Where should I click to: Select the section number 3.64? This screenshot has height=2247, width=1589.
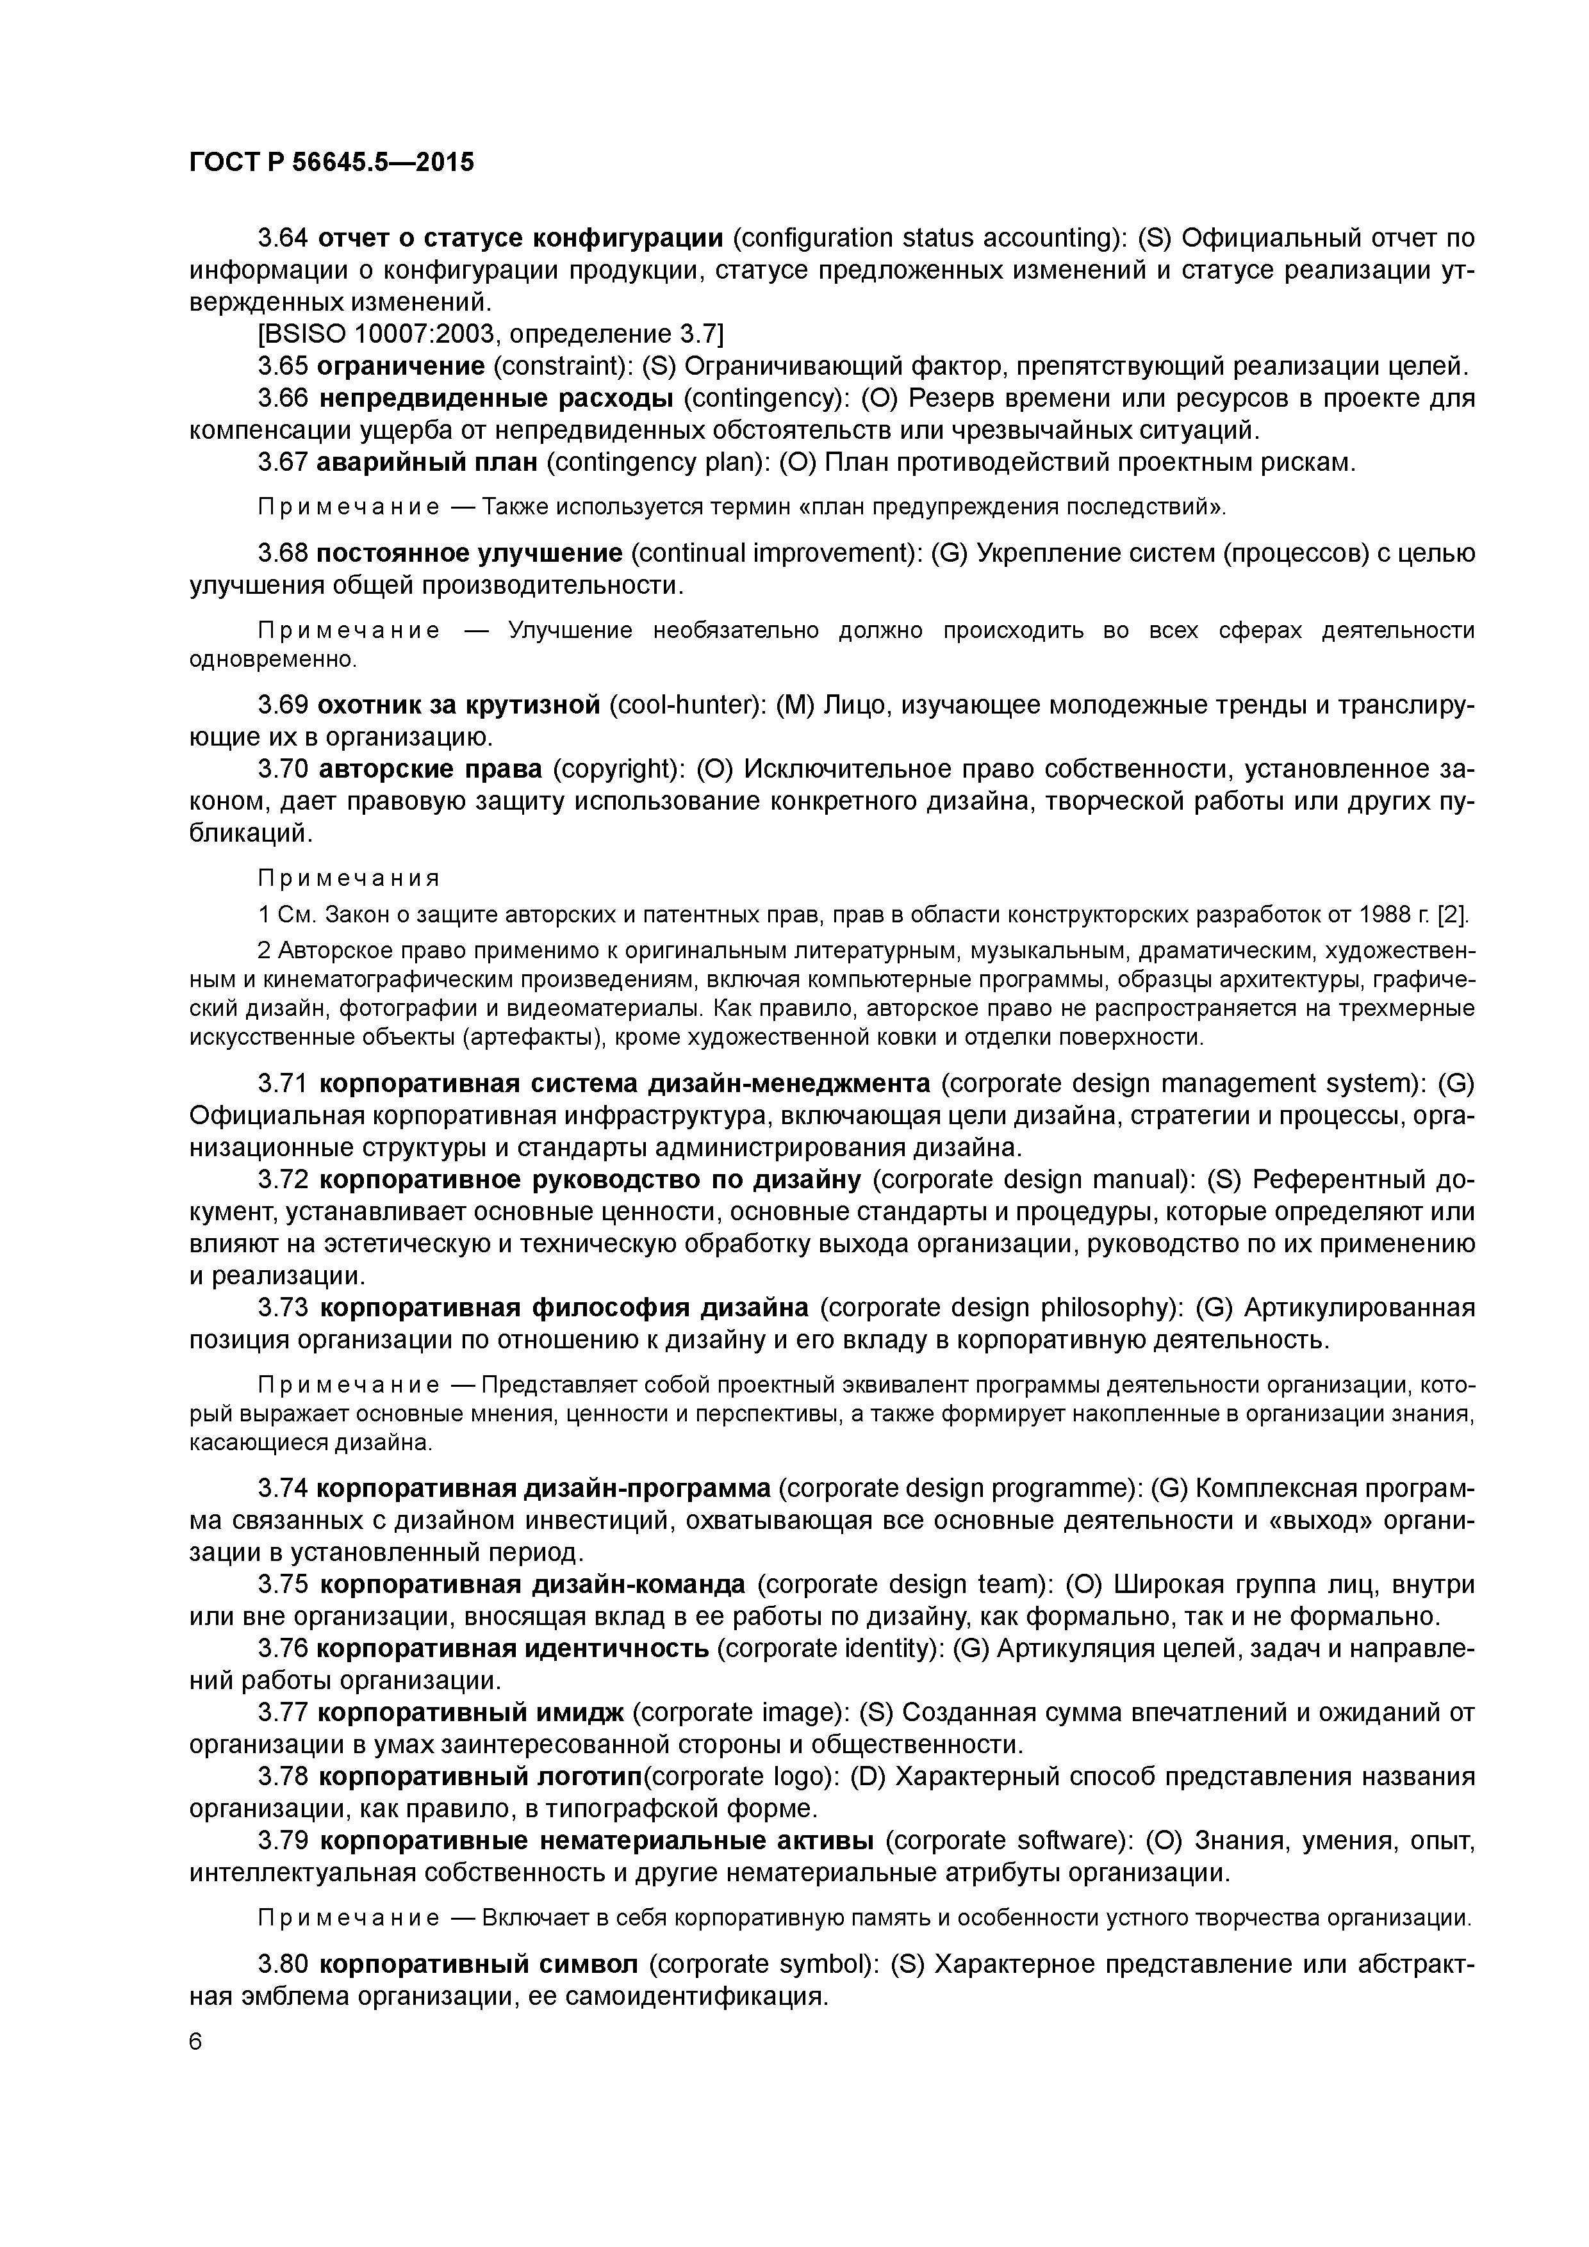click(283, 238)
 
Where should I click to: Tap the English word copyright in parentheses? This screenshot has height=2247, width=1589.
click(619, 769)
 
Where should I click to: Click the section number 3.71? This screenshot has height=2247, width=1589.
click(283, 1083)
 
